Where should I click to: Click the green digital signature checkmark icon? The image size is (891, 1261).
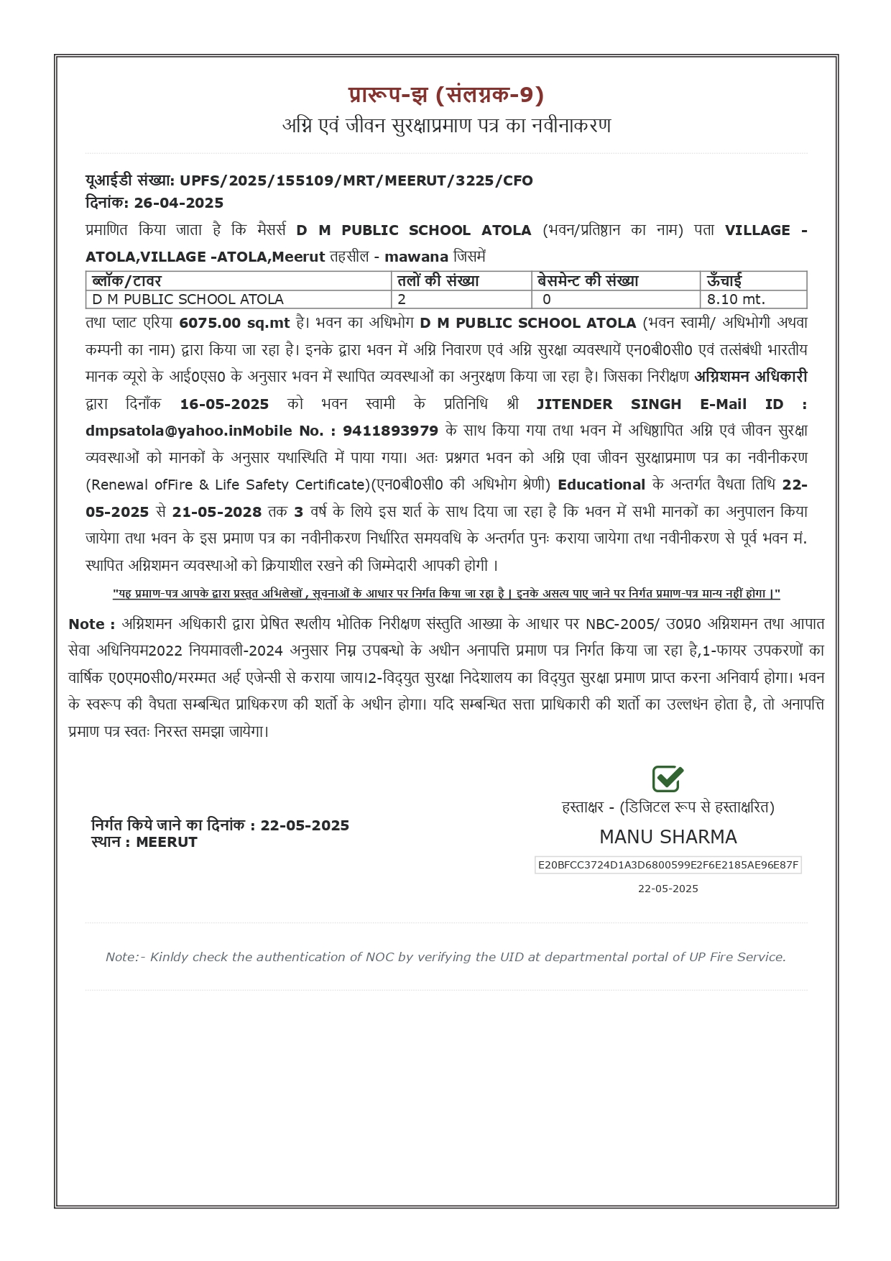click(x=668, y=779)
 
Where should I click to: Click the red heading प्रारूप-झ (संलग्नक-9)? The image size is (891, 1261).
click(x=445, y=95)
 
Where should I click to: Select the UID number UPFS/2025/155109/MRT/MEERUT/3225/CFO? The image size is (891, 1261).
click(x=356, y=180)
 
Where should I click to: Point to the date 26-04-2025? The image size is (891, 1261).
click(x=179, y=203)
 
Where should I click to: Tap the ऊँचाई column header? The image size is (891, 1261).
click(x=724, y=280)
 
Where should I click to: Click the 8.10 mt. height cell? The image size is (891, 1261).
click(x=736, y=299)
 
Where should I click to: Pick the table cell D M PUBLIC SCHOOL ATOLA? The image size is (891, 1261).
click(x=188, y=299)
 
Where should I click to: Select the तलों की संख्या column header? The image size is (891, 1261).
click(x=438, y=280)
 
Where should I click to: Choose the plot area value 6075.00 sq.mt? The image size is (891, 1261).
click(x=234, y=324)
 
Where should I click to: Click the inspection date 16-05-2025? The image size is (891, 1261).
click(x=224, y=404)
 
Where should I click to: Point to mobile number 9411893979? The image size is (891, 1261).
click(x=390, y=431)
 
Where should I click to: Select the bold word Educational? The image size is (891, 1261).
click(x=601, y=485)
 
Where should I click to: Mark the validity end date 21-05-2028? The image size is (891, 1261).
click(x=217, y=512)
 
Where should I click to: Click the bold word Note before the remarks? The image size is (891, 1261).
click(x=86, y=624)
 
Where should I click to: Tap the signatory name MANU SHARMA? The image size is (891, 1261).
click(x=668, y=837)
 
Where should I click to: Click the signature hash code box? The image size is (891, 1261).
click(x=668, y=865)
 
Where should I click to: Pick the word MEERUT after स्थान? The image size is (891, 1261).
click(x=167, y=842)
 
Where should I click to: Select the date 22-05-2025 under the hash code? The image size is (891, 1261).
click(x=668, y=889)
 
